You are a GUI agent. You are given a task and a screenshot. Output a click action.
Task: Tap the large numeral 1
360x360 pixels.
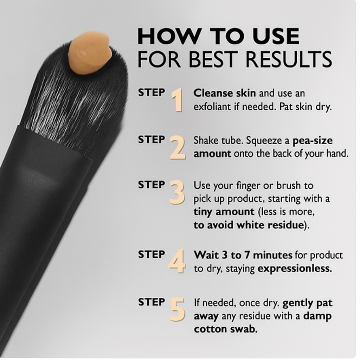pyautogui.click(x=178, y=100)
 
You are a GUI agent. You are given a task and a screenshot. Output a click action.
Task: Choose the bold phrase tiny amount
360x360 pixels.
pyautogui.click(x=224, y=212)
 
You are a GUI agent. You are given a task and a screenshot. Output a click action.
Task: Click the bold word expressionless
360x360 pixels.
pyautogui.click(x=295, y=269)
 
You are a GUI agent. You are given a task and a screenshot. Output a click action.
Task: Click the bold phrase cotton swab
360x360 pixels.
pyautogui.click(x=225, y=330)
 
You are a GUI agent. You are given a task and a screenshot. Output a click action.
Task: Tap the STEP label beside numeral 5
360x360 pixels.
pyautogui.click(x=151, y=302)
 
